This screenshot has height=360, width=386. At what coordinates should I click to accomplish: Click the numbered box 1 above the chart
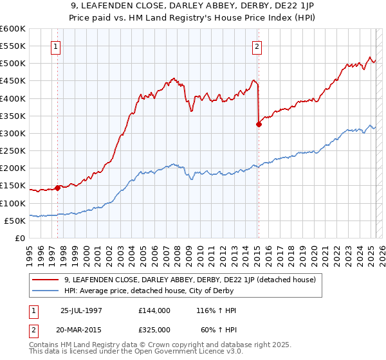coord(56,46)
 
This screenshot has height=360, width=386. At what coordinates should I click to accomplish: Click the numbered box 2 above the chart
coord(257,46)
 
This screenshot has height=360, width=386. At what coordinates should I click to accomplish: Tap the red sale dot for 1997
coord(58,188)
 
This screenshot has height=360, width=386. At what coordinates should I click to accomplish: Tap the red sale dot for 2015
coord(259,125)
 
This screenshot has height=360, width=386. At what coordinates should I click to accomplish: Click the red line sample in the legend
coord(45,280)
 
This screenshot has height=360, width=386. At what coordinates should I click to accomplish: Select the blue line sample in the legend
coord(45,290)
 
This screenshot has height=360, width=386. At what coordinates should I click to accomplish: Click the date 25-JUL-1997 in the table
coord(81,310)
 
